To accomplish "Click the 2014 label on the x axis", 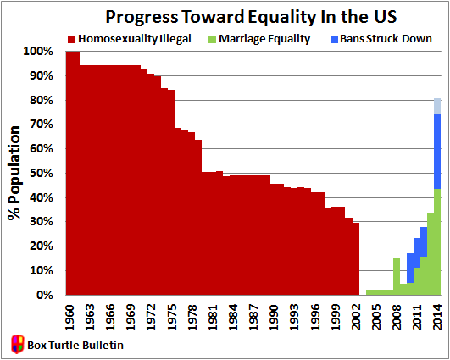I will pos(437,313).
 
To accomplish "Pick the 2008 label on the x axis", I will pos(397,313).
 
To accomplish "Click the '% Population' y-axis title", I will pos(14,174).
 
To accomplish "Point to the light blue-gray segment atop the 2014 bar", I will pos(437,106).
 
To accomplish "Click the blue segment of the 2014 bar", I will pos(437,151).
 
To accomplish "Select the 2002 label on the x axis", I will pos(356,313).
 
